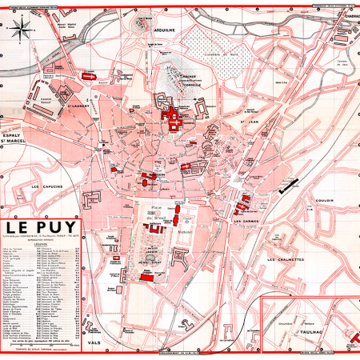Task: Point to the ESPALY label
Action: [15, 136]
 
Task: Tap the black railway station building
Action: [289, 188]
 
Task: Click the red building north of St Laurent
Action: [87, 75]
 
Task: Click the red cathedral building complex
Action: [173, 120]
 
